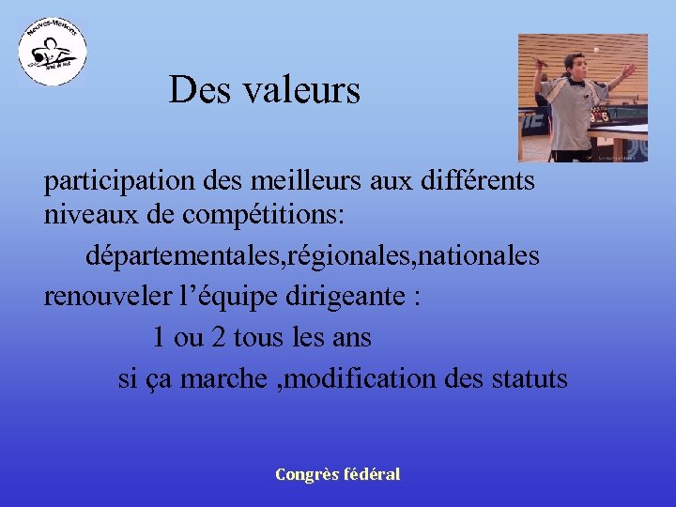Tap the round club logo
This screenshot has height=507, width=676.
tap(53, 53)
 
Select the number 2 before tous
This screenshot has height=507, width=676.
tap(218, 337)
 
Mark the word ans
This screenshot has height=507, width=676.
tap(352, 337)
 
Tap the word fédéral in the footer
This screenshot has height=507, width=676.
tap(373, 474)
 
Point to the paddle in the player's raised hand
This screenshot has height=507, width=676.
tap(537, 65)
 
